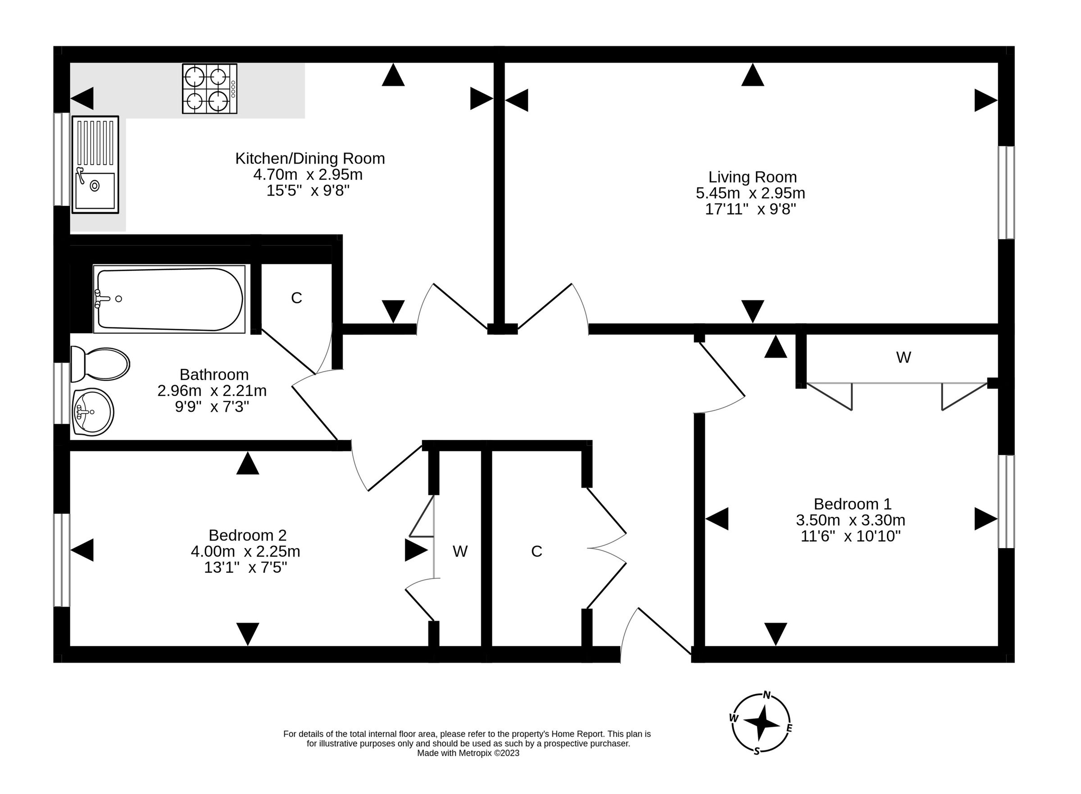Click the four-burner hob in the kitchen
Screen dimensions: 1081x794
tap(209, 89)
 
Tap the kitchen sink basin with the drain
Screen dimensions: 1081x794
tap(95, 191)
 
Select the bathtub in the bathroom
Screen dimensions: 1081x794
tap(170, 299)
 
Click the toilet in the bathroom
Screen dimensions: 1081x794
tap(100, 364)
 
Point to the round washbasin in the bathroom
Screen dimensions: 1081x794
tap(93, 412)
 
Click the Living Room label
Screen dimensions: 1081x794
tap(752, 177)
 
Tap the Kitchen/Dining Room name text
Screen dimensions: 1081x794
tap(310, 158)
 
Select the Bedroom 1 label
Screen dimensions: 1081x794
tap(852, 504)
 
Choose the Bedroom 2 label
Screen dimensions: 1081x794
tap(248, 535)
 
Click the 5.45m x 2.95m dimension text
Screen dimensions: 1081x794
tap(750, 193)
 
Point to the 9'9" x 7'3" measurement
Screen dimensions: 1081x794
tap(212, 407)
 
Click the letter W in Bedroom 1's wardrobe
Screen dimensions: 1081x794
tap(904, 357)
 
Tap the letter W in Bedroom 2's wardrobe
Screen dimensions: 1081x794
tap(460, 551)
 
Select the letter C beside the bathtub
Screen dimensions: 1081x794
tap(296, 298)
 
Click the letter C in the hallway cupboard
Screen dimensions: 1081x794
tap(536, 551)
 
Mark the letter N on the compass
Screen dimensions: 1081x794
tap(767, 694)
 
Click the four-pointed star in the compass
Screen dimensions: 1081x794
tap(761, 722)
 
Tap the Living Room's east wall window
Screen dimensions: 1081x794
tap(1007, 192)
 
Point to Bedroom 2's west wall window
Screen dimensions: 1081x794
tap(62, 560)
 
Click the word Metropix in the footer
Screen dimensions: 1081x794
tap(475, 753)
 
